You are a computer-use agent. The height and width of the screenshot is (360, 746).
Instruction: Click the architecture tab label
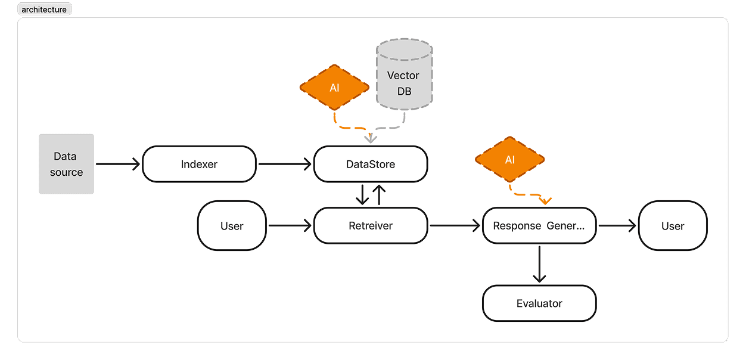[x=44, y=10]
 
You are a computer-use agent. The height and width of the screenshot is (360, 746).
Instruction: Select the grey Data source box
[x=66, y=164]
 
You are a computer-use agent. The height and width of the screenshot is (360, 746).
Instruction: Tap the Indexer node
[x=199, y=165]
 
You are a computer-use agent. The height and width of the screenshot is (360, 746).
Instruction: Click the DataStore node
[x=371, y=165]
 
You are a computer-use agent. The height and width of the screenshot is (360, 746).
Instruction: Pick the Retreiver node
[x=371, y=226]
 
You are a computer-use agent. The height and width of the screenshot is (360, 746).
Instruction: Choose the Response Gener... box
[x=539, y=226]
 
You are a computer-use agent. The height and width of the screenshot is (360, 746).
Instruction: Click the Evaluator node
[x=539, y=303]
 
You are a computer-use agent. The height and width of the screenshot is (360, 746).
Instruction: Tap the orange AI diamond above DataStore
[x=334, y=88]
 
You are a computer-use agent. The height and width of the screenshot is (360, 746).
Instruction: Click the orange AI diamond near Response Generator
[x=509, y=160]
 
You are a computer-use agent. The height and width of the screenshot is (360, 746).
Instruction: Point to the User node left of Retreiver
[x=232, y=226]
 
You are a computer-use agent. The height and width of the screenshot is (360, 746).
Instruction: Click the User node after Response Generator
[x=673, y=226]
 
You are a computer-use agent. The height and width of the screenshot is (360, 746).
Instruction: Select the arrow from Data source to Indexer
[x=117, y=164]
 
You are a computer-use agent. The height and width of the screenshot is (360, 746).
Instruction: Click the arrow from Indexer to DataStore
[x=284, y=164]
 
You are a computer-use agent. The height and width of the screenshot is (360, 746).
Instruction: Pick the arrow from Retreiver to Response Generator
[x=455, y=225]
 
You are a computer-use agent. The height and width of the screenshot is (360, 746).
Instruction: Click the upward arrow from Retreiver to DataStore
[x=379, y=194]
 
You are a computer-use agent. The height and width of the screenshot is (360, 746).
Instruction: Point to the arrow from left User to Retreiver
[x=290, y=225]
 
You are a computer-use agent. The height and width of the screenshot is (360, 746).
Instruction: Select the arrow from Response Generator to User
[x=617, y=225]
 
